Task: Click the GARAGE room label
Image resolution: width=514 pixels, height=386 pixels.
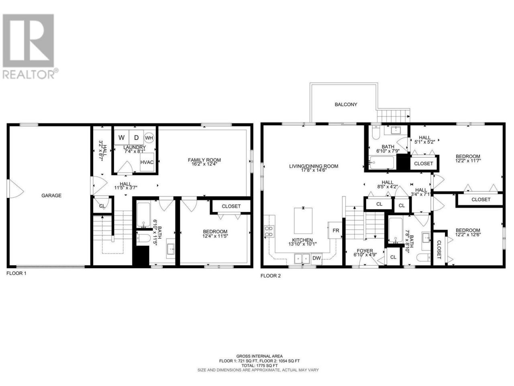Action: (51, 195)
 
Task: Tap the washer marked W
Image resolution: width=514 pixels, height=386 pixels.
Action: (122, 138)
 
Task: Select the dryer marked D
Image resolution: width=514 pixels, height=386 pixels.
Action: (136, 138)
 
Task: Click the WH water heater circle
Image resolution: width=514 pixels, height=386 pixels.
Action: (149, 138)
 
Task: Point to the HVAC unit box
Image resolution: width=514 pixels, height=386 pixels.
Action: (147, 162)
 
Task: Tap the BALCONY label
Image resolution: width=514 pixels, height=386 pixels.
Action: (346, 105)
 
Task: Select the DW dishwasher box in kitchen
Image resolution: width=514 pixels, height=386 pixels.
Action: (316, 258)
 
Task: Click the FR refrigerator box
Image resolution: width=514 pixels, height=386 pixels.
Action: (335, 230)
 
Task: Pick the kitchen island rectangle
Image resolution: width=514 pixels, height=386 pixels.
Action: (303, 220)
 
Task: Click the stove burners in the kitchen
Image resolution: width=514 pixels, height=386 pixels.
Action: (269, 231)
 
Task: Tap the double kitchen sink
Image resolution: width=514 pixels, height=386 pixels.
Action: (302, 259)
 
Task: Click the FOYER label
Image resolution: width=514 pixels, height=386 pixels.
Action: (365, 251)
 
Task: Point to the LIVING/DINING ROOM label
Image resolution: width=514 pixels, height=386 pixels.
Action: (314, 166)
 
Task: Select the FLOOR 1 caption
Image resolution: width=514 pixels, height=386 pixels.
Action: (16, 273)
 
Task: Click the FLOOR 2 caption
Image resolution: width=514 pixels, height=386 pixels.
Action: (271, 276)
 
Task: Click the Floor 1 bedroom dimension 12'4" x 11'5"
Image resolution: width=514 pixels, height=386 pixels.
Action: (215, 236)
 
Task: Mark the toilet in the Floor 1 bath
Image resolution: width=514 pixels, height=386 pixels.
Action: (143, 238)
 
